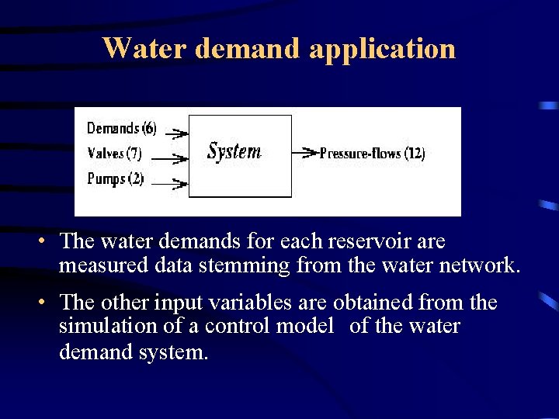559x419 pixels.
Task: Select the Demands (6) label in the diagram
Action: (121, 128)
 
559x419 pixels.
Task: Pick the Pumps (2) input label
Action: (115, 179)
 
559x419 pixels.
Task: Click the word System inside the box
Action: (234, 151)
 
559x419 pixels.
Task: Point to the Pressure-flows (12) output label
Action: (372, 154)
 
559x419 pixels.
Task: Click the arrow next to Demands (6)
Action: (177, 133)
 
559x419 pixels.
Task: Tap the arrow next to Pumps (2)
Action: (171, 184)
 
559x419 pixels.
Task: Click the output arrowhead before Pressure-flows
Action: (308, 153)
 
